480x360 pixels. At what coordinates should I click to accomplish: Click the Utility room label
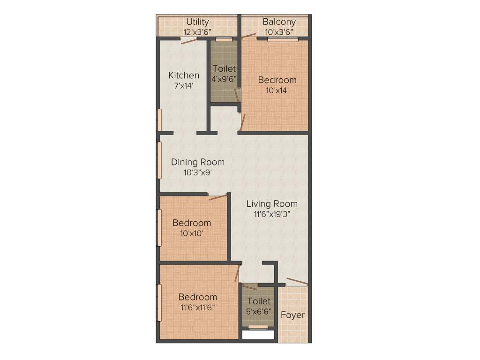[197, 22]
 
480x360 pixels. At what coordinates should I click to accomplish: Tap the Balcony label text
[279, 22]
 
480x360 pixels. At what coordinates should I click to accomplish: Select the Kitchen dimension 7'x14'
[183, 86]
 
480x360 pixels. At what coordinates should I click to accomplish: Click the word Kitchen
[184, 75]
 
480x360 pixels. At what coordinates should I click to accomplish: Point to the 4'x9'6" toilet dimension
[224, 79]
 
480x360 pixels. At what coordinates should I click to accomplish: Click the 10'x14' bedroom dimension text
[277, 90]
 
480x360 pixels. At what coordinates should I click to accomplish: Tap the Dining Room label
[197, 162]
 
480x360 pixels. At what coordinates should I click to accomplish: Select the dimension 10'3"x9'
[197, 172]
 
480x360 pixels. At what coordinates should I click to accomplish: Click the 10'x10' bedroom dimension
[191, 233]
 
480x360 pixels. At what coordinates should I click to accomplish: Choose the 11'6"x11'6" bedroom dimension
[197, 307]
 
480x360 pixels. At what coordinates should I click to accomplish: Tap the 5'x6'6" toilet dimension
[259, 311]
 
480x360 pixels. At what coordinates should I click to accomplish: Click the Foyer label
[292, 315]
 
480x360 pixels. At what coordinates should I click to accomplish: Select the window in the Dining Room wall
[159, 160]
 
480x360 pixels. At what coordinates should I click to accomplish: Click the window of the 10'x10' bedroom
[159, 227]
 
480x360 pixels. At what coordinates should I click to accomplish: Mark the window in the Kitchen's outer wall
[159, 120]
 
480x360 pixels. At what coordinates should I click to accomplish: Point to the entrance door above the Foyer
[297, 281]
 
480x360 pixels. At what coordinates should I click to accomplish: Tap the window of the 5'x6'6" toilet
[258, 327]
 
